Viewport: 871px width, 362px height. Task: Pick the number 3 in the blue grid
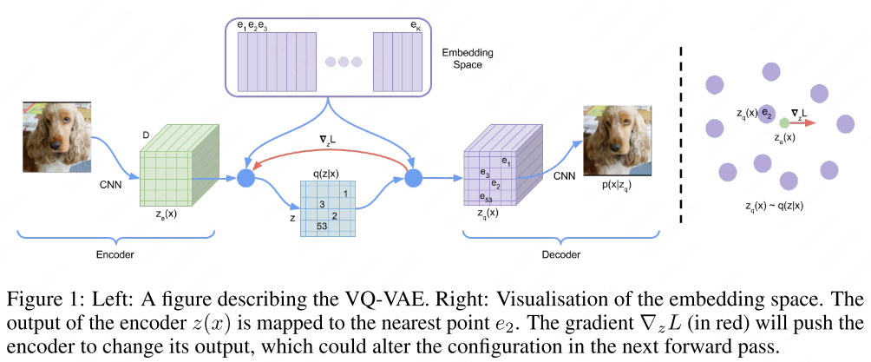pos(322,204)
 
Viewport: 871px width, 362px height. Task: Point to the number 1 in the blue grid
pos(345,193)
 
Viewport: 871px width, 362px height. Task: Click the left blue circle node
pos(245,180)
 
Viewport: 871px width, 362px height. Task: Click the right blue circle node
pos(412,180)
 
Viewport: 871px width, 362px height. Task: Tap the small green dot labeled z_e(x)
pos(784,123)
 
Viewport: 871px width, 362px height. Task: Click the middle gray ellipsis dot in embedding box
pos(344,62)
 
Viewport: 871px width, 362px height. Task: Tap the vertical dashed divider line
pos(681,130)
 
